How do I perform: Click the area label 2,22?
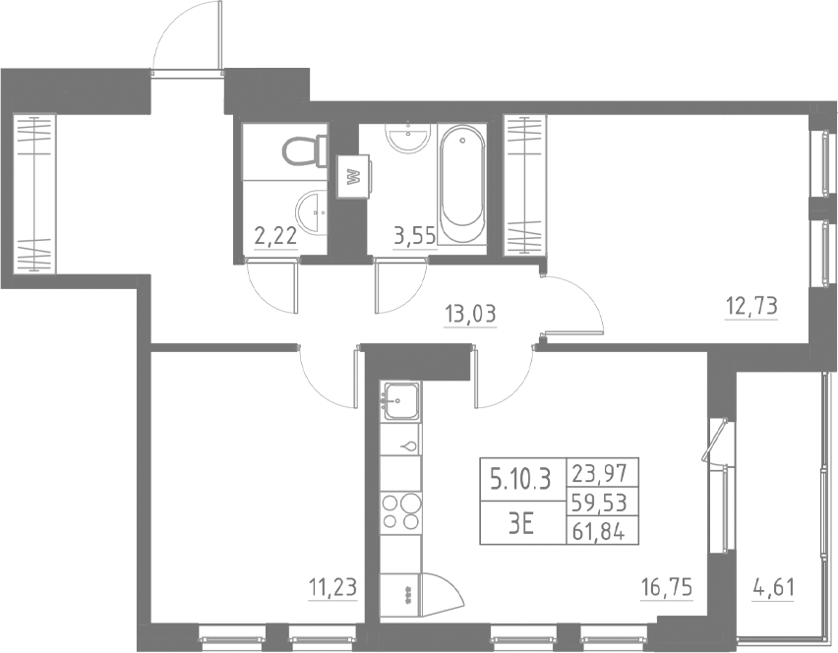pyautogui.click(x=274, y=236)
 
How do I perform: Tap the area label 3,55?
pyautogui.click(x=414, y=236)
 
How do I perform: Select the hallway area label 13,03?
pyautogui.click(x=470, y=316)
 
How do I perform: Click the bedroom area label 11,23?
pyautogui.click(x=331, y=588)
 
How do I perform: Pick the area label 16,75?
pyautogui.click(x=666, y=588)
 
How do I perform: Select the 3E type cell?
pyautogui.click(x=520, y=523)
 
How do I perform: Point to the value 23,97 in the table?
pyautogui.click(x=603, y=472)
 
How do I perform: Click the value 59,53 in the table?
pyautogui.click(x=603, y=503)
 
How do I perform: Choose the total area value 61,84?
pyautogui.click(x=603, y=533)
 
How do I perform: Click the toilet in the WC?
pyautogui.click(x=304, y=151)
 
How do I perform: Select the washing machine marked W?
pyautogui.click(x=353, y=178)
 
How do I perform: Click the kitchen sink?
pyautogui.click(x=400, y=398)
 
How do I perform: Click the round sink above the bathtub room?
pyautogui.click(x=408, y=139)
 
